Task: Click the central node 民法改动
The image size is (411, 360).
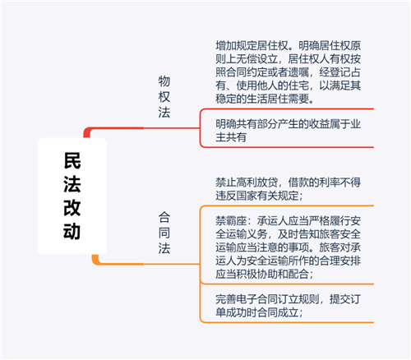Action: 72,196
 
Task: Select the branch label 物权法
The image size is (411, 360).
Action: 164,97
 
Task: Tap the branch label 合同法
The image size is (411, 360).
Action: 164,233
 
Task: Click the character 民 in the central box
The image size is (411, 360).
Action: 72,160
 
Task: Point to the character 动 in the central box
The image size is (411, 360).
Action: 72,231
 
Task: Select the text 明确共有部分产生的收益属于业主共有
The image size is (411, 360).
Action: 288,131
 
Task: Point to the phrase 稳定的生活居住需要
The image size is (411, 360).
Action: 262,99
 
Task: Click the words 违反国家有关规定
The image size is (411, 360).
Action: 257,196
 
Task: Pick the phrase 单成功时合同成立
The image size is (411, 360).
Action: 257,312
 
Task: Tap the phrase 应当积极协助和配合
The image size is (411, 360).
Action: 262,274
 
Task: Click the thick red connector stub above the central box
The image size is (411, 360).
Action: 87,132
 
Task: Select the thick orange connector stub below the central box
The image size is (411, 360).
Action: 95,260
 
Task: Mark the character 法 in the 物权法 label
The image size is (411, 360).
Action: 164,113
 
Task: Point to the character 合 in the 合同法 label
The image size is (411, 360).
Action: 164,217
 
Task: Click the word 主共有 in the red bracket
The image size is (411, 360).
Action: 231,137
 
